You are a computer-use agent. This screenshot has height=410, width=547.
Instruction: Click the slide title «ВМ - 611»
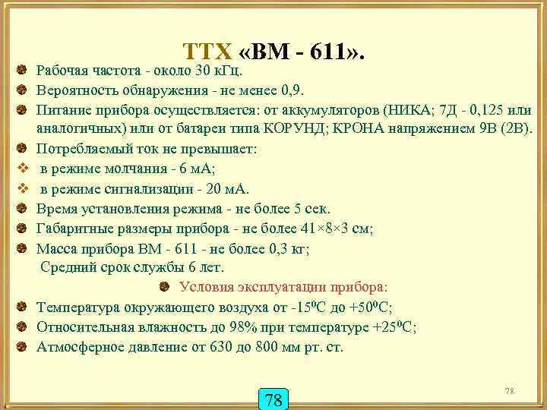[x=274, y=52]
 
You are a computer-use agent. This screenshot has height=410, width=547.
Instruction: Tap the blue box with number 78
[x=274, y=399]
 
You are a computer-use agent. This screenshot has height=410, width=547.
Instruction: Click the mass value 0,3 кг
[x=294, y=248]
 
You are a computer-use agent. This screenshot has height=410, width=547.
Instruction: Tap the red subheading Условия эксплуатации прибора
[x=283, y=288]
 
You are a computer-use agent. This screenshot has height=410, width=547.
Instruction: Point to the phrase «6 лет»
[x=200, y=267]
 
